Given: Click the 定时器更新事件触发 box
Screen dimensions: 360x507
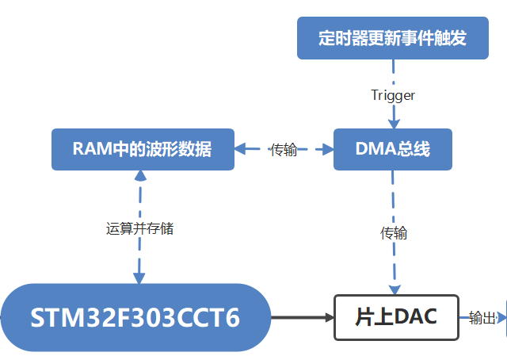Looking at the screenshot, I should (x=392, y=38).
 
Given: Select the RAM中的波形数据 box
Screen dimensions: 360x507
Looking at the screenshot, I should (x=143, y=149).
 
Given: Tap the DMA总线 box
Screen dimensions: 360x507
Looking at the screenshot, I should (x=392, y=149).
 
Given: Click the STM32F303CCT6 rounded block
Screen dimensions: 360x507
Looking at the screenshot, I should (x=135, y=318).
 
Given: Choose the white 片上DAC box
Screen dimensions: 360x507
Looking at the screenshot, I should (x=395, y=318).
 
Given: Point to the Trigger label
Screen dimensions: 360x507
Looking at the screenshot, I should (x=393, y=95).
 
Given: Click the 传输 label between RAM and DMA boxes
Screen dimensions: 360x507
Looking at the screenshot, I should (x=284, y=150).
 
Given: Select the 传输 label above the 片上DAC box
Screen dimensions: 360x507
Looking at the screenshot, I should (x=394, y=233).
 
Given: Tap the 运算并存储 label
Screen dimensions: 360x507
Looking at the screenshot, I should (x=139, y=229).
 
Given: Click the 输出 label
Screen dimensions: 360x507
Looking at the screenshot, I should (x=482, y=318).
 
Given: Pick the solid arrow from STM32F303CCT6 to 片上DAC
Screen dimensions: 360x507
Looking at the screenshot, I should (x=301, y=318).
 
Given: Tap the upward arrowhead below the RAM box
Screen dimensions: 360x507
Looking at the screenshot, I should (x=139, y=177).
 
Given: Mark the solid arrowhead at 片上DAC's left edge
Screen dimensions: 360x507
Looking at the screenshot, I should (x=329, y=318).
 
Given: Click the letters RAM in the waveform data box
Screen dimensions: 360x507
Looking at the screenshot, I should (x=88, y=149).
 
